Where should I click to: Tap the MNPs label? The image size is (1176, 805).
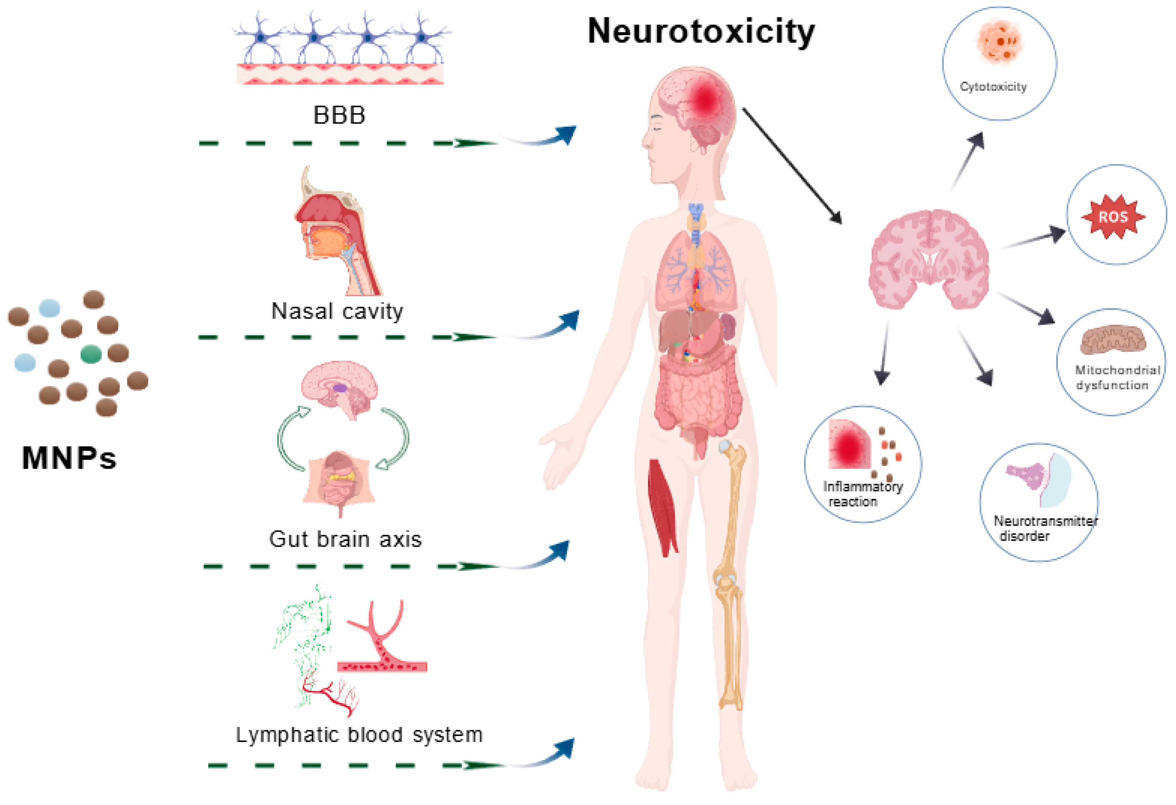[x=69, y=458]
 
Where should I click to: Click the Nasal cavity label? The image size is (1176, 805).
[x=337, y=311]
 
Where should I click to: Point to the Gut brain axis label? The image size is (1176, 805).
[x=345, y=539]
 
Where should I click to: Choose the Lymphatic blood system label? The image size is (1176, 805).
[x=359, y=735]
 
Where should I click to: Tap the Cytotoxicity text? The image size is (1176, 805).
[x=993, y=87]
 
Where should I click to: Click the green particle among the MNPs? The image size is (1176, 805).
[x=91, y=354]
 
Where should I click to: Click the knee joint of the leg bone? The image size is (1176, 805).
[x=726, y=580]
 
